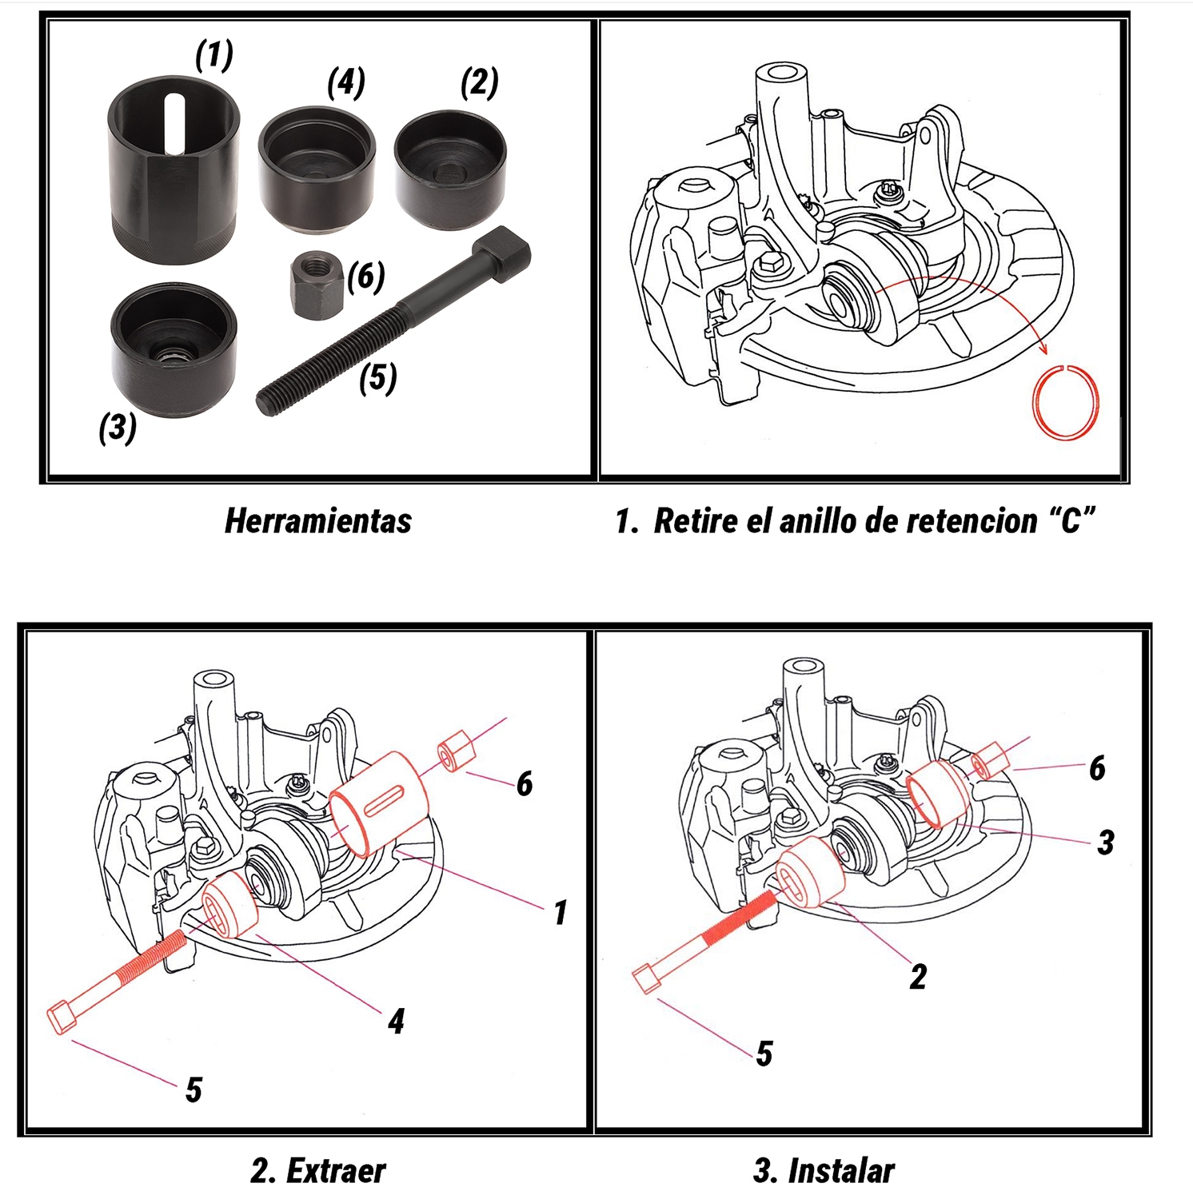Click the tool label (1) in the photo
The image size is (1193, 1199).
[x=214, y=54]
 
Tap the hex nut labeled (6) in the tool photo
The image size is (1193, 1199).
[x=315, y=285]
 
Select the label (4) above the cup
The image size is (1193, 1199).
[x=346, y=82]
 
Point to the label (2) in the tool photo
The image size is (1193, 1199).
[x=480, y=82]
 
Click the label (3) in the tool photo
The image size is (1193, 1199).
[x=118, y=428]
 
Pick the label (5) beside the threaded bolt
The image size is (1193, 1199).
[x=378, y=377]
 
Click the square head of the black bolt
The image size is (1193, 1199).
[x=502, y=253]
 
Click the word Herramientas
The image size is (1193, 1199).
[x=318, y=521]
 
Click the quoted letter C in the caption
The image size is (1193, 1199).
[x=1071, y=521]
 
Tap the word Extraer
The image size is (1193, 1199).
[x=336, y=1171]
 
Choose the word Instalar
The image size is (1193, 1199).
[x=841, y=1171]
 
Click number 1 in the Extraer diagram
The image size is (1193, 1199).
[x=561, y=912]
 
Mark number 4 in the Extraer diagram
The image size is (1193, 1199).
[x=396, y=1022]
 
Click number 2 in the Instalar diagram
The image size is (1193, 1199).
[x=918, y=977]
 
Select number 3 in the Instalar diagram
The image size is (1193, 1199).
[x=1106, y=842]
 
